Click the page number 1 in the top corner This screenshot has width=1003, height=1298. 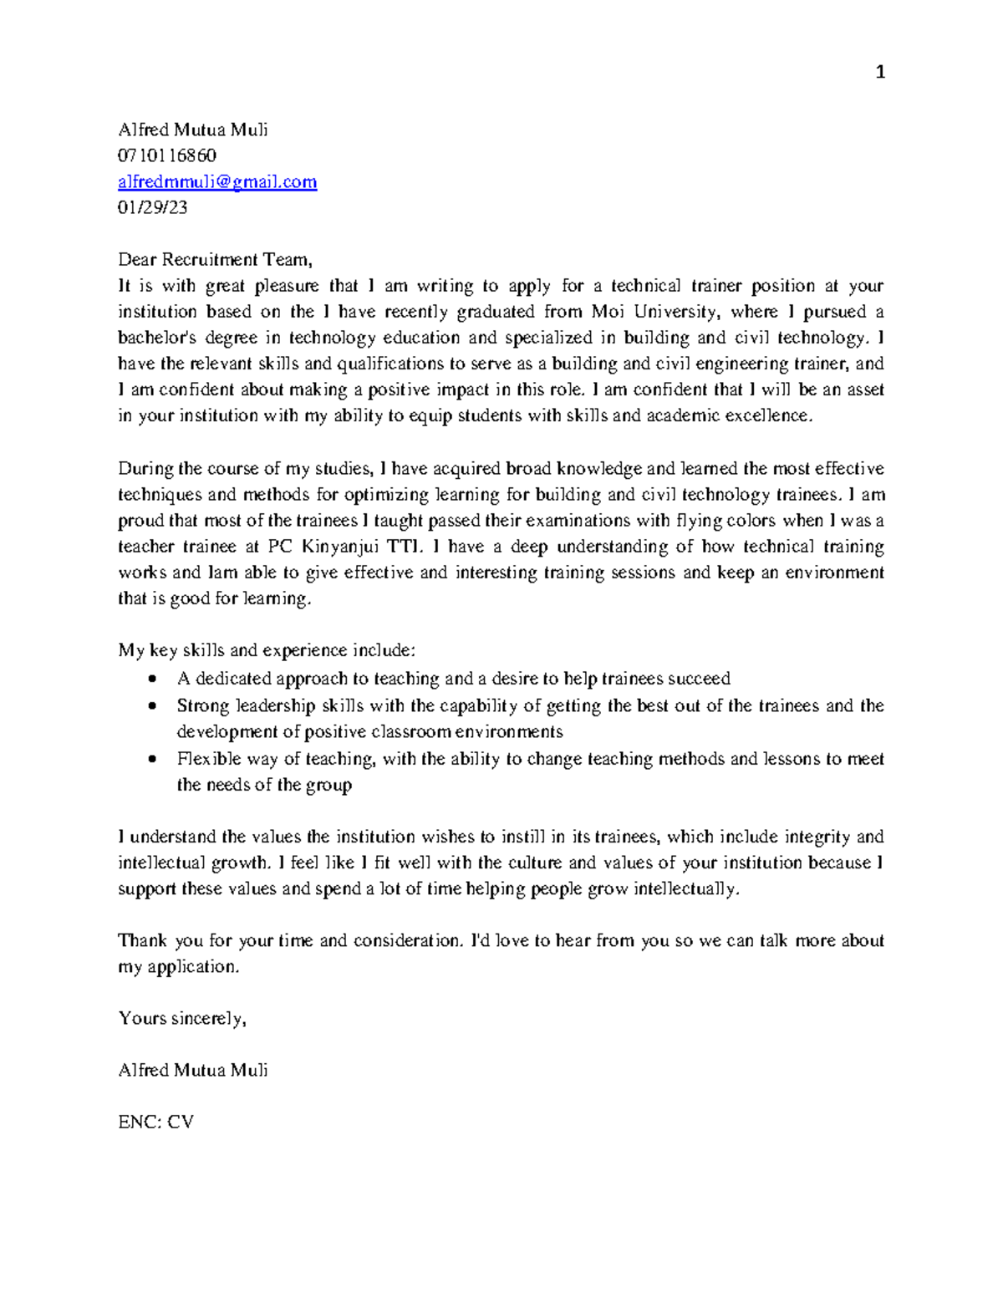click(x=879, y=73)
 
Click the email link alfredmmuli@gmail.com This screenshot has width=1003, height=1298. click(x=217, y=181)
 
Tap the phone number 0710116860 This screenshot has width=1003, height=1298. click(x=167, y=155)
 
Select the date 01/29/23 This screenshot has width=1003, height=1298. click(x=153, y=207)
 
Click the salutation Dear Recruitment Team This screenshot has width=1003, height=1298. click(x=215, y=260)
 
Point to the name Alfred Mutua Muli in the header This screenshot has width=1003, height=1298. click(x=193, y=130)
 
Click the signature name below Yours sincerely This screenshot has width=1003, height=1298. click(x=193, y=1070)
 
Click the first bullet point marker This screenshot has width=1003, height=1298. click(x=151, y=679)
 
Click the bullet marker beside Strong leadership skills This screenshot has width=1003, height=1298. click(x=151, y=705)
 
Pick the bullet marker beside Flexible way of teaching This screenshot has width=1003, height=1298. click(x=151, y=759)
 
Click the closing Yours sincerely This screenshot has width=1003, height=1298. click(x=182, y=1018)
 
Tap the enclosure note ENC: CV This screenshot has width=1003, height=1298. click(x=156, y=1122)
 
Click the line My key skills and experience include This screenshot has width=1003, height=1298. click(x=267, y=650)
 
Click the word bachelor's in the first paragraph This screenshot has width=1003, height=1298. click(x=158, y=338)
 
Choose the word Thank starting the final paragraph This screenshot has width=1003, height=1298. click(x=143, y=940)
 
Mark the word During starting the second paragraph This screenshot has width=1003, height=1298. click(x=144, y=468)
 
